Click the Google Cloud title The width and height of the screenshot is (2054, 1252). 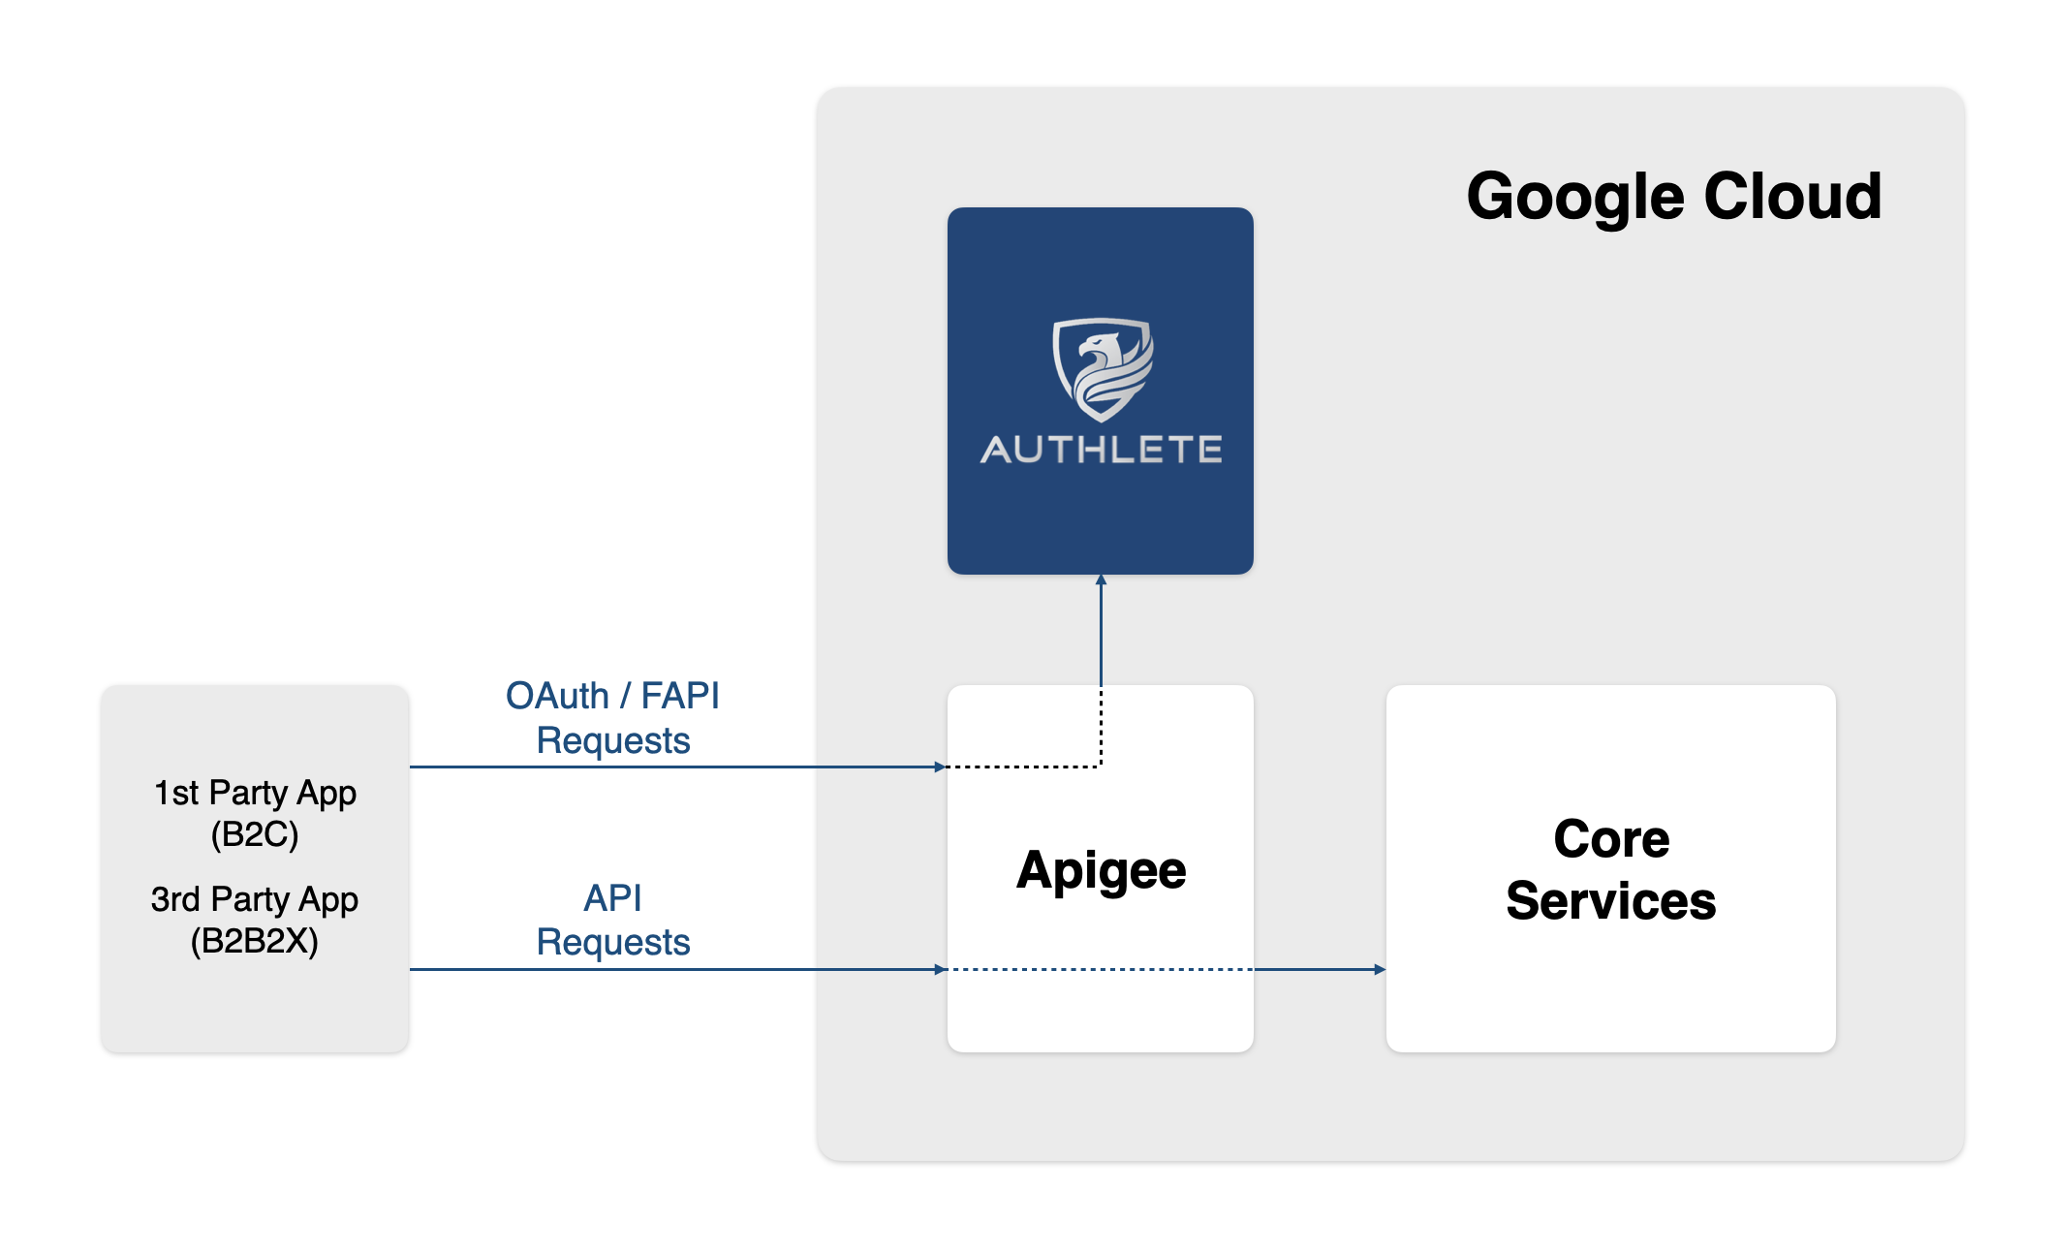click(1673, 197)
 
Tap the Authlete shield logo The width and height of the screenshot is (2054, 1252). click(1103, 369)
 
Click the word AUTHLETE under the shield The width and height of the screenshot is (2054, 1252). click(1102, 450)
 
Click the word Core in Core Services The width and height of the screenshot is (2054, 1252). click(1611, 839)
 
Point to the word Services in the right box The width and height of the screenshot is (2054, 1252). click(1611, 901)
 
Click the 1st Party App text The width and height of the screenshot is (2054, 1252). click(255, 794)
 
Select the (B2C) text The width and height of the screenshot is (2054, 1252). click(255, 834)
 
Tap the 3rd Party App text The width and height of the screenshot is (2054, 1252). click(255, 900)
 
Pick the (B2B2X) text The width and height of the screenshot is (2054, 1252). click(255, 941)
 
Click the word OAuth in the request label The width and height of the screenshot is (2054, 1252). click(557, 696)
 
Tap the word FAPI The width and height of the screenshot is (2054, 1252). click(680, 696)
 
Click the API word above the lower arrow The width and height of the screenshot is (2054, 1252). click(612, 898)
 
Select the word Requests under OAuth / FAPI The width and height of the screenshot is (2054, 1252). click(613, 741)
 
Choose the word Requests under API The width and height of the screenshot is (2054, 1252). click(613, 943)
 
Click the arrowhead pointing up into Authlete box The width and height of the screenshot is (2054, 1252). click(1101, 579)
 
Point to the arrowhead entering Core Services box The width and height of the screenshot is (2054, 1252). click(1380, 969)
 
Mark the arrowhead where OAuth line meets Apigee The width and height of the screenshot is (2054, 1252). click(940, 767)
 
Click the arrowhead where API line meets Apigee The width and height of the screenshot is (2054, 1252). click(940, 969)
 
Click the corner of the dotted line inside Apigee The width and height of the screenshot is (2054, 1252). click(1101, 767)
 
